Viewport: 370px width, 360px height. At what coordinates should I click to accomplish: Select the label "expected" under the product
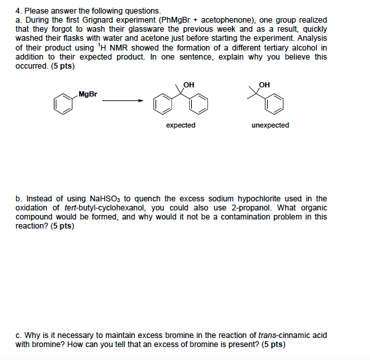coord(180,125)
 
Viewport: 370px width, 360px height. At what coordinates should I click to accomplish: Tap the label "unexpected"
coord(270,125)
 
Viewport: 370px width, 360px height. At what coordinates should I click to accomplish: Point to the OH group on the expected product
coord(189,85)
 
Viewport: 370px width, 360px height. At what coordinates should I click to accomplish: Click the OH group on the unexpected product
coord(264,85)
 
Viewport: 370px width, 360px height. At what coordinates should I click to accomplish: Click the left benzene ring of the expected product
coord(160,104)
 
